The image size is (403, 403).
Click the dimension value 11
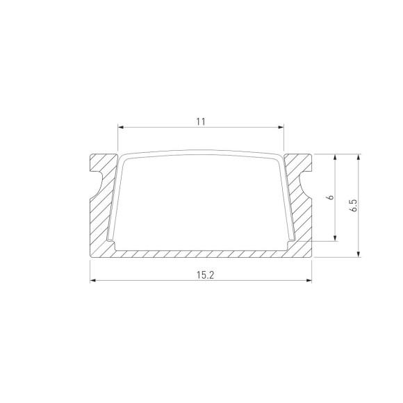[x=201, y=122]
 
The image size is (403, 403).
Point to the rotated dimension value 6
[x=331, y=197]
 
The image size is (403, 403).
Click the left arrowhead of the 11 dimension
[x=121, y=128]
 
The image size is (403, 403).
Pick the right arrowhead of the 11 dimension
[x=281, y=128]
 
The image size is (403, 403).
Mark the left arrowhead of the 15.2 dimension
[x=93, y=281]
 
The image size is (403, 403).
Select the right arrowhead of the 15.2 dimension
[x=308, y=281]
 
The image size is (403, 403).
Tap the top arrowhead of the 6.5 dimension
[x=359, y=156]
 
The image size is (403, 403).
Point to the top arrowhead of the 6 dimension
[x=337, y=156]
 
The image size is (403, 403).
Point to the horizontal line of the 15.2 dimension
[x=153, y=281]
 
